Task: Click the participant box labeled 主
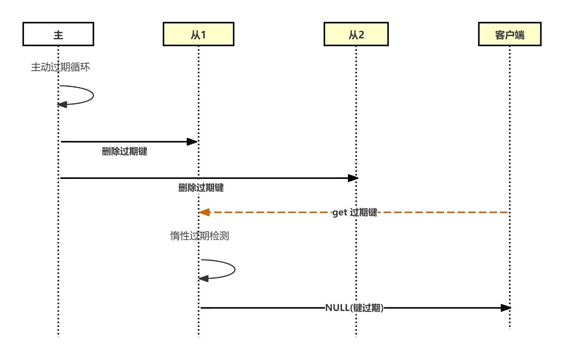click(58, 34)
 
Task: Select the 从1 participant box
click(198, 34)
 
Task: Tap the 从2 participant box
click(356, 34)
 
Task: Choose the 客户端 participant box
click(509, 34)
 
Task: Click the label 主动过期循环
click(60, 67)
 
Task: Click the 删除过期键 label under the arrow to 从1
click(124, 151)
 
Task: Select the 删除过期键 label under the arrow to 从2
click(201, 188)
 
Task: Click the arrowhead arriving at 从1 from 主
click(193, 142)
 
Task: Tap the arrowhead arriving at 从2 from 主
click(353, 178)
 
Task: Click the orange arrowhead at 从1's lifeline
click(204, 212)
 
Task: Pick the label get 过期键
click(355, 212)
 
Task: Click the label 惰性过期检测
click(199, 236)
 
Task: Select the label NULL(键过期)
click(354, 308)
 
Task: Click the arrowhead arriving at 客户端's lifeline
click(506, 308)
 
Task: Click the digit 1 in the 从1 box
click(203, 35)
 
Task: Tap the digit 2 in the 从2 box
click(361, 35)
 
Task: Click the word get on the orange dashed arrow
click(340, 213)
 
